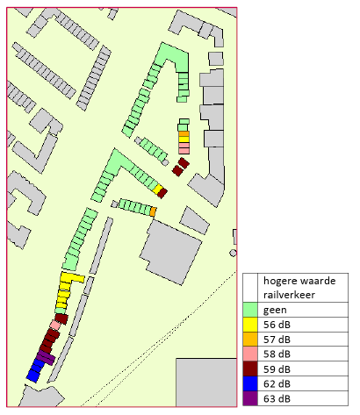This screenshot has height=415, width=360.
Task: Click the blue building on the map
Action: [x=35, y=368]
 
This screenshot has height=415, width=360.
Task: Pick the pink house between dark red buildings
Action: [x=55, y=326]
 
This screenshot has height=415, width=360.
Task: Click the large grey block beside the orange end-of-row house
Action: [x=171, y=250]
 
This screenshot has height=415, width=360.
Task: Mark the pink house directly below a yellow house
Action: [x=184, y=146]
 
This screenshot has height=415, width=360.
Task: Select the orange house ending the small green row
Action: [x=153, y=211]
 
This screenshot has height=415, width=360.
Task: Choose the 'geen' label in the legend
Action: [x=276, y=310]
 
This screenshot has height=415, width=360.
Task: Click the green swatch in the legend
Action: [x=250, y=310]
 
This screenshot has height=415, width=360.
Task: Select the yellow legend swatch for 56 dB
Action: [x=250, y=325]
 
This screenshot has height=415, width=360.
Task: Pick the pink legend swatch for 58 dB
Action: [x=250, y=354]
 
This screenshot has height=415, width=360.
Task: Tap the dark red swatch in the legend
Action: [x=250, y=369]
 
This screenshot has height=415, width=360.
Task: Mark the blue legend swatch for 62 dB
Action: [x=250, y=384]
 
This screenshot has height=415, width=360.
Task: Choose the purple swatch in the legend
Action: [x=250, y=399]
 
